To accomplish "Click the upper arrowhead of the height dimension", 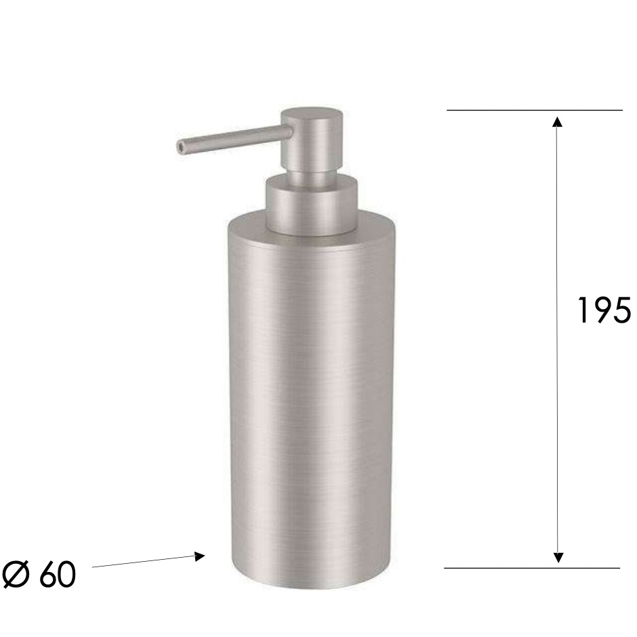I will [x=558, y=122].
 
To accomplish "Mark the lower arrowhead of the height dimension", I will [x=558, y=557].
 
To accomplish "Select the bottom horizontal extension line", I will [x=532, y=568].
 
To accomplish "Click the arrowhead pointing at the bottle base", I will [x=199, y=556].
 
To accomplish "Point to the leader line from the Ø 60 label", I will [x=142, y=562].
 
